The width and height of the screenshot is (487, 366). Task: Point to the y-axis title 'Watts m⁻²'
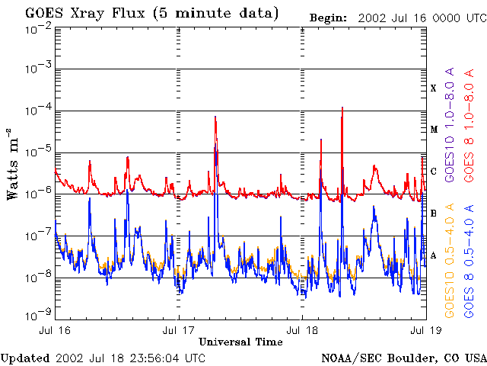coord(13,163)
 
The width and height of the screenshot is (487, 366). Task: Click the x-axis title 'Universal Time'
coord(240,342)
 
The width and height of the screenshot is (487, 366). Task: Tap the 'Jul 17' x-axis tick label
coord(179,331)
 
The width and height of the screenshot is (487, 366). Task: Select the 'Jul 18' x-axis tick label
coord(302,331)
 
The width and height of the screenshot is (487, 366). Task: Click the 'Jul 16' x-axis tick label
coord(56,331)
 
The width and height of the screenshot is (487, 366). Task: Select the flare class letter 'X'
coord(434,88)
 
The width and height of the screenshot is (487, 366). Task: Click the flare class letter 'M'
coord(434,130)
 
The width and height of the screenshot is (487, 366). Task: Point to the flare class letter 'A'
coord(434,255)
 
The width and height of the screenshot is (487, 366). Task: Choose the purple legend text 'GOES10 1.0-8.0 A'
coord(450,133)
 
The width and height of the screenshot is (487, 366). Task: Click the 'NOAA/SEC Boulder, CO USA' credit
coord(403,358)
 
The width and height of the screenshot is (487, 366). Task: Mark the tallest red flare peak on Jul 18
coord(343,108)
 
